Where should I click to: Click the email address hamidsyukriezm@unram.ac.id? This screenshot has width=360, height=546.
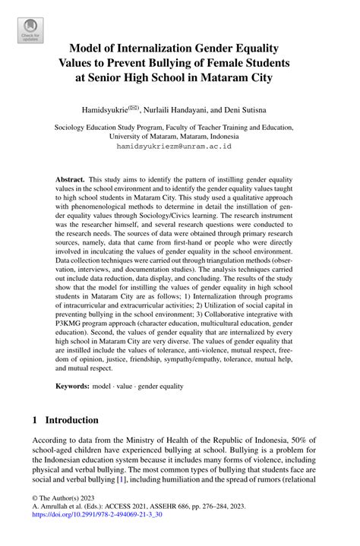coord(179,147)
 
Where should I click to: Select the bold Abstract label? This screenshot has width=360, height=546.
coord(70,179)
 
